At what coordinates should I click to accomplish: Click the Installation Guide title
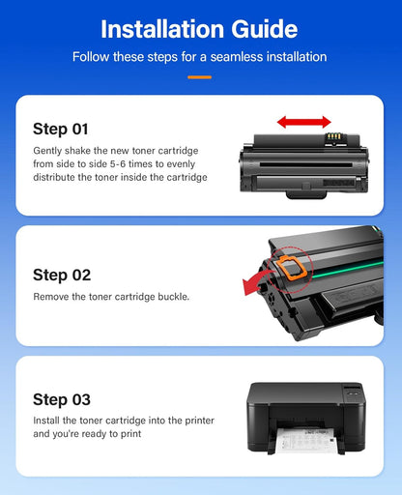tap(200, 28)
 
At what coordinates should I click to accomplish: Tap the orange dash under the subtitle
tap(200, 76)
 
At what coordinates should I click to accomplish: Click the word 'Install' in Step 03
tap(47, 421)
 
